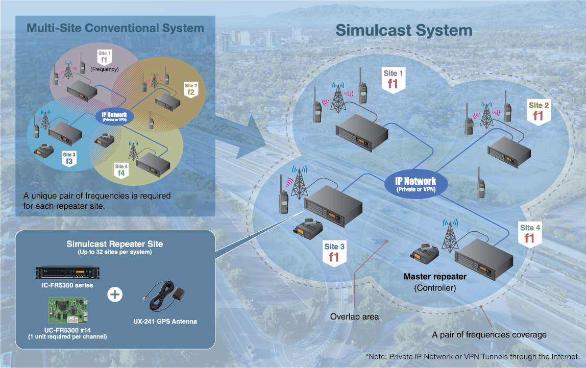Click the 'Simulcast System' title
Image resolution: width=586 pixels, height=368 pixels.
[403, 30]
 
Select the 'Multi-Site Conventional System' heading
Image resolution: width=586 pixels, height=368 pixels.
[115, 28]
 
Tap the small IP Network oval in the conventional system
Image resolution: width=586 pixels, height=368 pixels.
[114, 117]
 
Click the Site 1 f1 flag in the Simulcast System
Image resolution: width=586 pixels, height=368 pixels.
[393, 80]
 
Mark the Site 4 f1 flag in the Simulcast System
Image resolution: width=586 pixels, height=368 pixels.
[529, 233]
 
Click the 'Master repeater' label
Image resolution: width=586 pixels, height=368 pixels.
[435, 277]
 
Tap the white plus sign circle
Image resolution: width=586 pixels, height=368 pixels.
[116, 295]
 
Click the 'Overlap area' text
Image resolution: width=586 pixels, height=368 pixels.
[354, 317]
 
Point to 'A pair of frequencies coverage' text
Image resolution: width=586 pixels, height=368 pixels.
[489, 335]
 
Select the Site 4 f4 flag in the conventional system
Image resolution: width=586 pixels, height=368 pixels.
[120, 170]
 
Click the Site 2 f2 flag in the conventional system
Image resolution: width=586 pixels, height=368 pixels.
[190, 89]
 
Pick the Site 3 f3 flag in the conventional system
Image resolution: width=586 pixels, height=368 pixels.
[69, 158]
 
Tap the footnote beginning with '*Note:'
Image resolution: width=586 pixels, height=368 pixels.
[472, 356]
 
